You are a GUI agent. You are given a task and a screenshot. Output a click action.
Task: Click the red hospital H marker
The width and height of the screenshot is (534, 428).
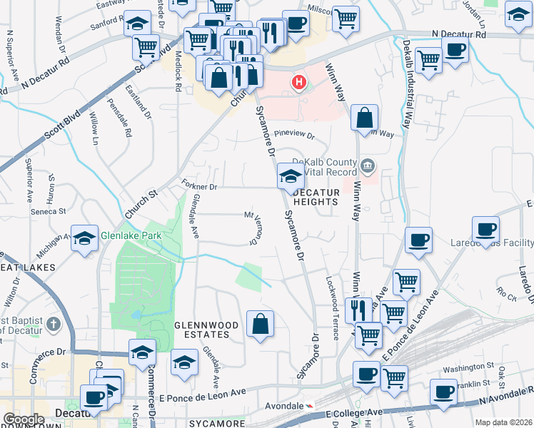[298, 83]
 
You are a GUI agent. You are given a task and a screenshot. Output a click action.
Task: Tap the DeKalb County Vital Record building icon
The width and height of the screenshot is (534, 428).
[367, 166]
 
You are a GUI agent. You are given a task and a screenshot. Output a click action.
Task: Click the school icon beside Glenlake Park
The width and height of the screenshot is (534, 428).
[84, 239]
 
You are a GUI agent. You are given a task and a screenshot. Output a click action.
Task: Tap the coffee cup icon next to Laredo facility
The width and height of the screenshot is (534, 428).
[486, 230]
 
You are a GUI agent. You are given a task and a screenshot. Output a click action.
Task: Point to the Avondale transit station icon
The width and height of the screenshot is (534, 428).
[309, 405]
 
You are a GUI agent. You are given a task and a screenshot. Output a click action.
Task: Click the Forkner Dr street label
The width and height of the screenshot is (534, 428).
[199, 186]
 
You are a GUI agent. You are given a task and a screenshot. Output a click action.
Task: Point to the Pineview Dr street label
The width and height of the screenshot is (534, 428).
[294, 133]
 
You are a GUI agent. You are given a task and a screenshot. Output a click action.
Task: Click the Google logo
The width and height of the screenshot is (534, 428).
[24, 419]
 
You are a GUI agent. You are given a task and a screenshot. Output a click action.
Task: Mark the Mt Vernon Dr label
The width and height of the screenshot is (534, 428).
[251, 225]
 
